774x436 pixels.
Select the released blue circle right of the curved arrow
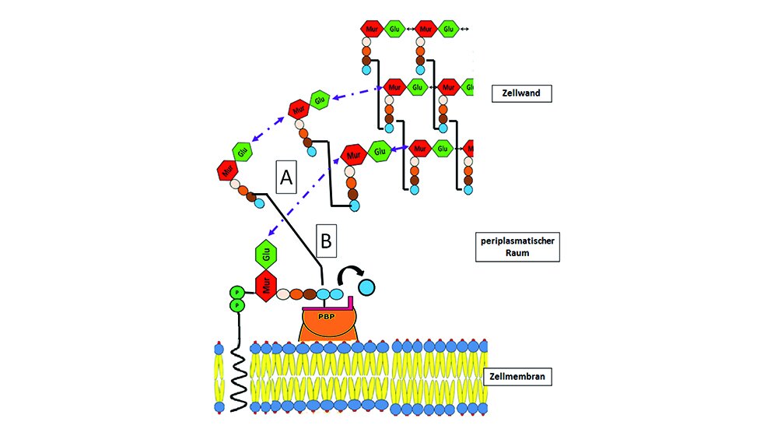(x=366, y=287)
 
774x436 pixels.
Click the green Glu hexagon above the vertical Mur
(x=266, y=255)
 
